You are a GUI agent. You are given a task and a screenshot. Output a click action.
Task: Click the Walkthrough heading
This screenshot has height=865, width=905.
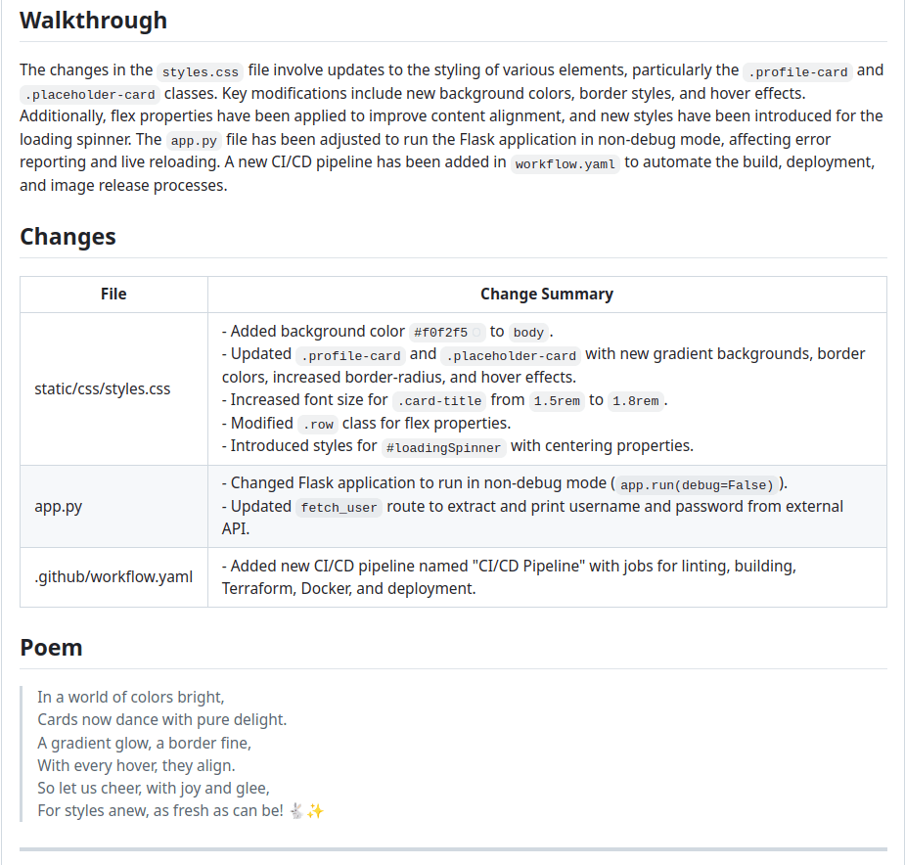click(x=93, y=21)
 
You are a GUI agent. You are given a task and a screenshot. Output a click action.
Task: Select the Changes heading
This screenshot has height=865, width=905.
click(x=68, y=237)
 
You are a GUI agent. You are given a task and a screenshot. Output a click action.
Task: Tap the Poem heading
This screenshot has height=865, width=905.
click(x=51, y=648)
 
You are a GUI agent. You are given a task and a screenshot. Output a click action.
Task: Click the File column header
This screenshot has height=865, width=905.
click(x=113, y=294)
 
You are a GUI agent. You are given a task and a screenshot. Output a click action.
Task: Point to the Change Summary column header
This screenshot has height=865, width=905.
click(x=546, y=294)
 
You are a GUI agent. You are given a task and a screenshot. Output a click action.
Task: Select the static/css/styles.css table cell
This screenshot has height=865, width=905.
click(x=102, y=388)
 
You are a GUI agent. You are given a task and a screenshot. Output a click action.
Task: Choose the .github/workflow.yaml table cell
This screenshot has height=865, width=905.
click(x=113, y=576)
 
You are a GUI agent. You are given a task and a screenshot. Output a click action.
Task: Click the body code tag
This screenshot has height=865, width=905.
click(x=528, y=333)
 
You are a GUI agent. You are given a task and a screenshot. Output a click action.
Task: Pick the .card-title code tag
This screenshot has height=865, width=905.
click(x=439, y=400)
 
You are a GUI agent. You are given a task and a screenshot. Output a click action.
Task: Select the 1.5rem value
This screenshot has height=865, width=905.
click(x=557, y=400)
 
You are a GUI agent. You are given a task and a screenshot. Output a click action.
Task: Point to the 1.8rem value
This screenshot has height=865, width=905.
click(x=635, y=400)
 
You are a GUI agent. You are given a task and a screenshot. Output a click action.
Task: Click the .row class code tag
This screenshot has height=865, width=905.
click(x=317, y=424)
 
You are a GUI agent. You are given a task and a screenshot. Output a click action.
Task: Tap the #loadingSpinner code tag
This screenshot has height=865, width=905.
click(x=444, y=447)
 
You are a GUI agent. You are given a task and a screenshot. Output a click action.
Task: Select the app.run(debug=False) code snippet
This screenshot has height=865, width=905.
click(x=697, y=485)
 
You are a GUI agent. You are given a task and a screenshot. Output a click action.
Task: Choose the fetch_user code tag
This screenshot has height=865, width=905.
click(x=339, y=508)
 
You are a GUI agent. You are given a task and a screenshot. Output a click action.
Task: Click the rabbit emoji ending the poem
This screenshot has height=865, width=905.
click(x=296, y=810)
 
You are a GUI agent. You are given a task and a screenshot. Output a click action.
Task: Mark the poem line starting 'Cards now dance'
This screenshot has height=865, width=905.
click(x=161, y=719)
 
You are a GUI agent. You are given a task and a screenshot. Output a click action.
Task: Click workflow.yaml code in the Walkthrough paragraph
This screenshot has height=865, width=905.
click(x=566, y=164)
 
